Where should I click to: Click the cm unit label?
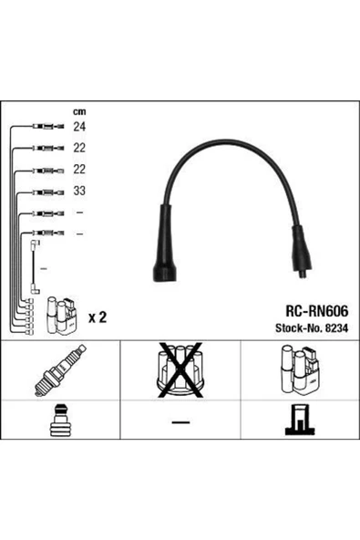pos(79,111)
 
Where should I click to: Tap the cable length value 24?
pos(79,127)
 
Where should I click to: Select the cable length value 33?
pos(79,191)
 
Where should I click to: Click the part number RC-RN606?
pos(316,311)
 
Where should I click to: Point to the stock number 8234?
pos(336,328)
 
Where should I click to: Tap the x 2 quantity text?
pos(98,317)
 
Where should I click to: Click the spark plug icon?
pos(60,370)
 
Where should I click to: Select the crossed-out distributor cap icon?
pos(180,370)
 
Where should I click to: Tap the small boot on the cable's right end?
pos(302,249)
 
